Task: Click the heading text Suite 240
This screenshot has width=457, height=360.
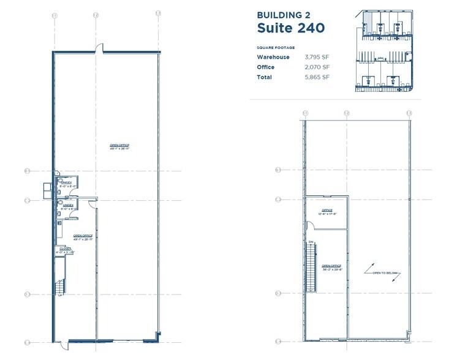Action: (x=290, y=28)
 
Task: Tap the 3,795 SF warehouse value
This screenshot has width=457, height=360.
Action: (x=317, y=57)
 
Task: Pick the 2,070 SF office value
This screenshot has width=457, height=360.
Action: (x=317, y=67)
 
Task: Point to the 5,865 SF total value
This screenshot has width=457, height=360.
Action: (x=317, y=78)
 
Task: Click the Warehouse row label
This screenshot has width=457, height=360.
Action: (x=273, y=57)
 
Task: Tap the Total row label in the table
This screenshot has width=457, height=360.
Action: (x=265, y=78)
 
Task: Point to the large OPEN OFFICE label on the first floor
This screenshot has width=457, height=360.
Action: (x=120, y=146)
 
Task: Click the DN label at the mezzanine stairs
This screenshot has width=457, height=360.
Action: (x=311, y=241)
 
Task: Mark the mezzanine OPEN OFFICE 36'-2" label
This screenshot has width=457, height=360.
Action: (x=331, y=267)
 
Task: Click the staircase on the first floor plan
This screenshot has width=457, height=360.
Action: (x=60, y=286)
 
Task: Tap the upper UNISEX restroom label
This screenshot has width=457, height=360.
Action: (x=66, y=183)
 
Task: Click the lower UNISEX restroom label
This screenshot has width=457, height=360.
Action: (x=66, y=206)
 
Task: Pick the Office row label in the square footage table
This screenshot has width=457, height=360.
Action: (x=266, y=67)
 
